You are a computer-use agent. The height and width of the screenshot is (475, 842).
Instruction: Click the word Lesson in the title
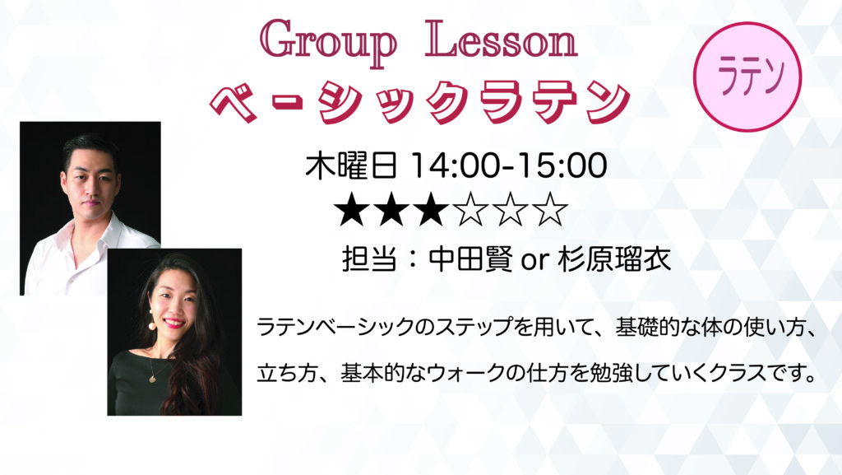pyautogui.click(x=502, y=40)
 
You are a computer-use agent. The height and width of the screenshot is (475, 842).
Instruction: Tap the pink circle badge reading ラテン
pyautogui.click(x=747, y=77)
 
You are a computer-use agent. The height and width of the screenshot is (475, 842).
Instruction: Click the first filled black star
pyautogui.click(x=352, y=210)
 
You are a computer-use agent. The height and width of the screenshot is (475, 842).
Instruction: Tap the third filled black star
pyautogui.click(x=431, y=210)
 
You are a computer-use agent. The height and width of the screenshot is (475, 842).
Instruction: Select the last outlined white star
pyautogui.click(x=549, y=210)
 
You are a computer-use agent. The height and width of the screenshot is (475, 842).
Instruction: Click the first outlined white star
pyautogui.click(x=471, y=210)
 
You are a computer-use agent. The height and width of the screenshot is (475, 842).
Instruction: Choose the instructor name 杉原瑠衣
pyautogui.click(x=614, y=259)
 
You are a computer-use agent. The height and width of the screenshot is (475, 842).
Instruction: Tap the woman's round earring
pyautogui.click(x=152, y=325)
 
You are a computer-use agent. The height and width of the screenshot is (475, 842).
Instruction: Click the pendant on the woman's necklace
pyautogui.click(x=153, y=379)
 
